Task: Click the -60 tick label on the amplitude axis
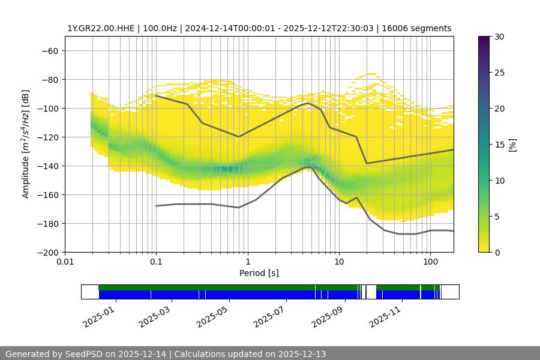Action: pos(49,50)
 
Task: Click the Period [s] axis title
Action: pos(259,273)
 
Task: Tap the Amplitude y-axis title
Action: pos(26,144)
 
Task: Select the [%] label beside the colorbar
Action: pos(512,144)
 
